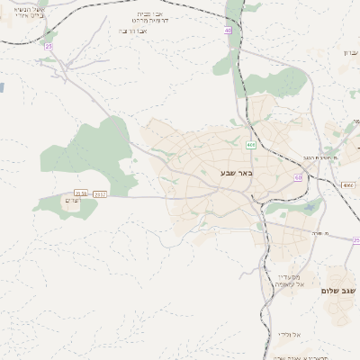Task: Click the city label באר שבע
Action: [x=237, y=172]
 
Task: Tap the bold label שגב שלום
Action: [x=337, y=291]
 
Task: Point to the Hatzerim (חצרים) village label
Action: [x=74, y=201]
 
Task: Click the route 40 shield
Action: [x=228, y=31]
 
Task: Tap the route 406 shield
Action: [x=250, y=145]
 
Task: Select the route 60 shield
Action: [x=298, y=177]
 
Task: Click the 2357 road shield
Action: [x=99, y=193]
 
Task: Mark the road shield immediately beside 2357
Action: [x=81, y=193]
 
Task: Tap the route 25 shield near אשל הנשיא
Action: [x=49, y=46]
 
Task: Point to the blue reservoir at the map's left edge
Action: [x=2, y=88]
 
